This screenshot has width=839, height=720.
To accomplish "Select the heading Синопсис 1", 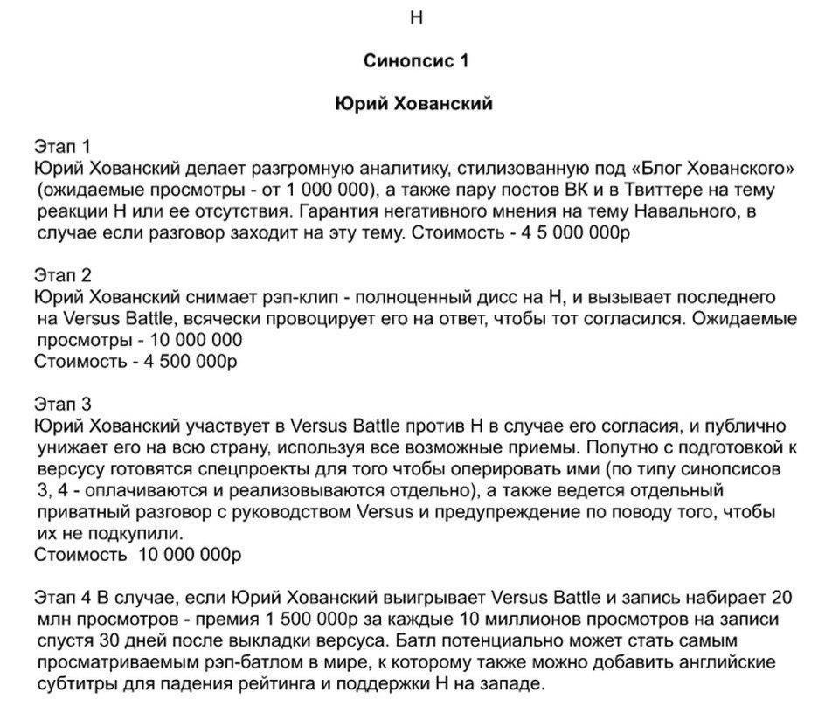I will click(x=416, y=61).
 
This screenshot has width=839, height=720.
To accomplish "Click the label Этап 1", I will click(x=62, y=145).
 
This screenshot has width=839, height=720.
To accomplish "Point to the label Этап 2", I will click(x=62, y=275).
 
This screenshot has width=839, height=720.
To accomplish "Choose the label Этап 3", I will click(x=62, y=405).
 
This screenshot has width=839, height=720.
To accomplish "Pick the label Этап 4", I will click(x=62, y=599).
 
